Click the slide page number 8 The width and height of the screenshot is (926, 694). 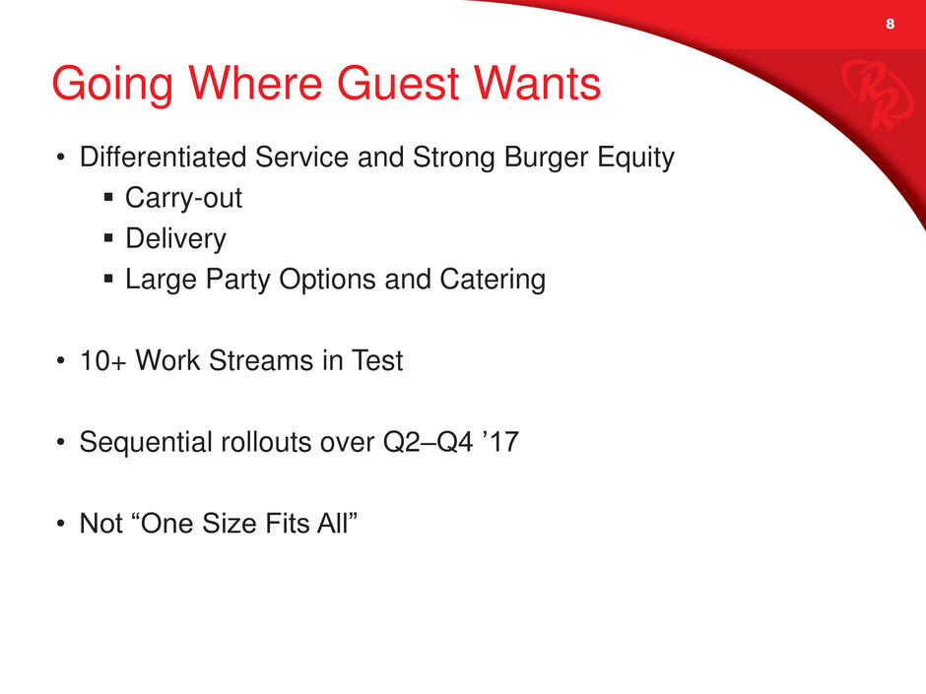pyautogui.click(x=890, y=24)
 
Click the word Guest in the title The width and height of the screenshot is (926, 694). pyautogui.click(x=398, y=84)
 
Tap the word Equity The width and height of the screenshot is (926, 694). pyautogui.click(x=635, y=158)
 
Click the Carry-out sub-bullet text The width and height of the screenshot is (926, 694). pyautogui.click(x=183, y=198)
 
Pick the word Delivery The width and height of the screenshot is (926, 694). pyautogui.click(x=176, y=239)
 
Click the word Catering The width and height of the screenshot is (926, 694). pyautogui.click(x=493, y=280)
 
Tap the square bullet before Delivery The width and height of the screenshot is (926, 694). pyautogui.click(x=108, y=238)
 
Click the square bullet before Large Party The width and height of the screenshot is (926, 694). pyautogui.click(x=108, y=278)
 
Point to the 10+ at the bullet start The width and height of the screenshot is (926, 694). pyautogui.click(x=102, y=360)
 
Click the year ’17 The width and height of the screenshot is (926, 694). pyautogui.click(x=500, y=441)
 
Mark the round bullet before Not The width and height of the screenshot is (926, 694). pyautogui.click(x=60, y=524)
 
